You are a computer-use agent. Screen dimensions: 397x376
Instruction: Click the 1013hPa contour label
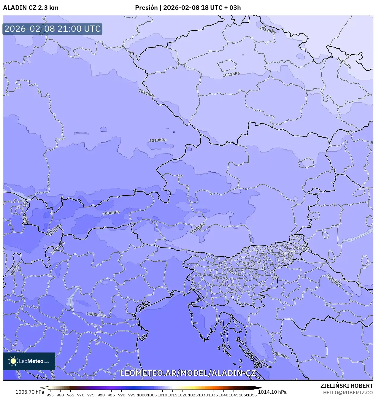pyautogui.click(x=344, y=63)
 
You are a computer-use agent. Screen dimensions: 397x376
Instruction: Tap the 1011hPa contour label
pyautogui.click(x=147, y=93)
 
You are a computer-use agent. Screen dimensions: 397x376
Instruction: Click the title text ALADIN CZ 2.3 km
pyautogui.click(x=31, y=8)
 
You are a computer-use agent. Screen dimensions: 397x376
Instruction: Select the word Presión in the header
pyautogui.click(x=146, y=8)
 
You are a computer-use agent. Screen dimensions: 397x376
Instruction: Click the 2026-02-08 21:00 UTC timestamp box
pyautogui.click(x=53, y=29)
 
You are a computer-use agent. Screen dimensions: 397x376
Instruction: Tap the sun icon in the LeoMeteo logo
pyautogui.click(x=13, y=361)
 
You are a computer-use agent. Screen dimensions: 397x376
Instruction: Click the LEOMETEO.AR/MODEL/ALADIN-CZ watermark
pyautogui.click(x=188, y=373)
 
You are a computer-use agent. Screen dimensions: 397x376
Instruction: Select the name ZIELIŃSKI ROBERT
pyautogui.click(x=346, y=386)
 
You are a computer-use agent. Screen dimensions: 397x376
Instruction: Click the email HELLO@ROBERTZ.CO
pyautogui.click(x=348, y=393)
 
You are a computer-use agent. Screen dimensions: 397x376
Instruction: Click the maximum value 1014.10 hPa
pyautogui.click(x=272, y=392)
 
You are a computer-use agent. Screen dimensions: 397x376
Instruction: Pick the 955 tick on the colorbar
pyautogui.click(x=50, y=395)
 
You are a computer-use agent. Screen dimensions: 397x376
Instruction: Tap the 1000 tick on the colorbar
pyautogui.click(x=142, y=395)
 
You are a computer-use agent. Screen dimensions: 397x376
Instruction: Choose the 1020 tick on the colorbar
pyautogui.click(x=183, y=395)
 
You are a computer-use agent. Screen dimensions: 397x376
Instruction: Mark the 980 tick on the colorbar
pyautogui.click(x=101, y=395)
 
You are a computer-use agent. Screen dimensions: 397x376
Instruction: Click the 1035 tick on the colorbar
pyautogui.click(x=213, y=395)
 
